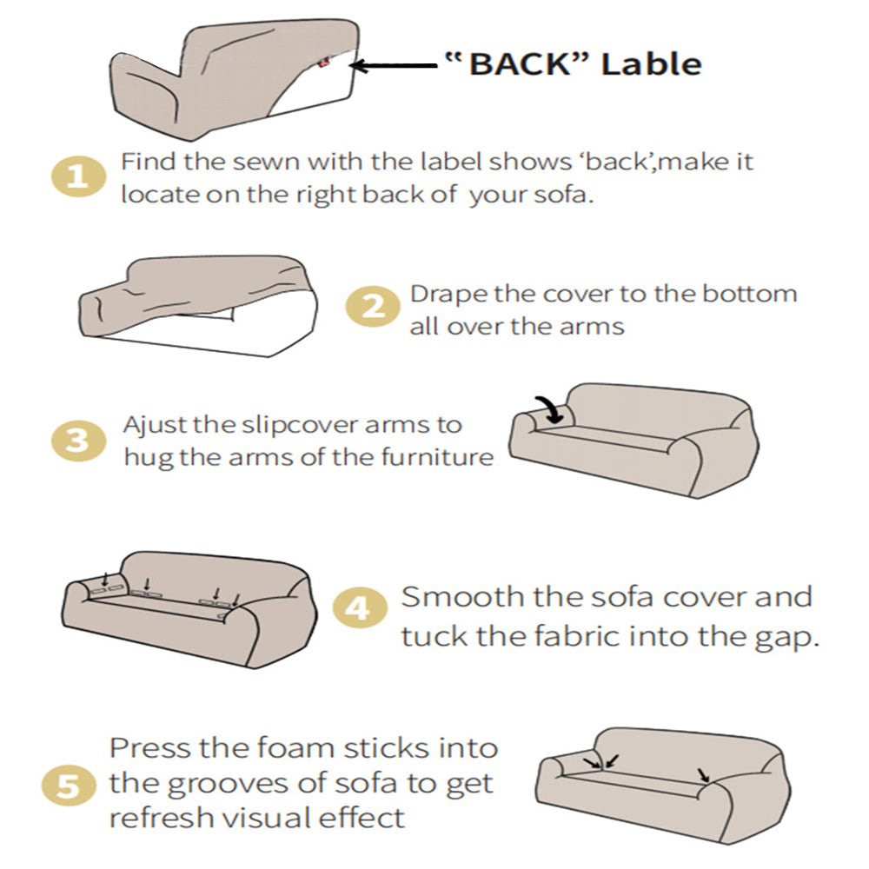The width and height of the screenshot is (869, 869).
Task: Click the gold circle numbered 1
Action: [x=77, y=177]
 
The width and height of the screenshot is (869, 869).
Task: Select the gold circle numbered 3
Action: [x=78, y=440]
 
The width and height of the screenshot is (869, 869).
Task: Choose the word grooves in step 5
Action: [x=227, y=785]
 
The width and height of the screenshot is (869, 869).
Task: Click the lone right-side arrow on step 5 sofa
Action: [x=704, y=773]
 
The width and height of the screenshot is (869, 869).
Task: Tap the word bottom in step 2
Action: [x=749, y=294]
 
